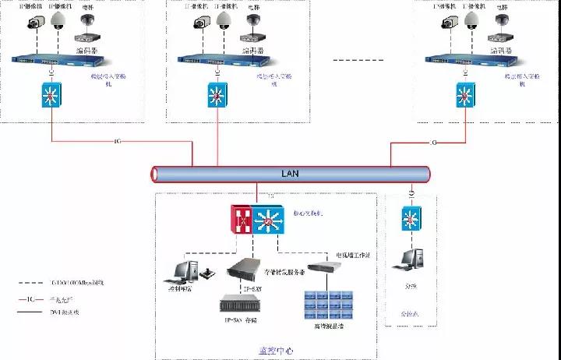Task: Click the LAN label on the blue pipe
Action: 289,174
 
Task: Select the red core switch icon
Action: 243,220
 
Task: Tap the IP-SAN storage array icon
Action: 240,305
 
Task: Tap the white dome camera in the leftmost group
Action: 57,22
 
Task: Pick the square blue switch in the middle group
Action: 218,94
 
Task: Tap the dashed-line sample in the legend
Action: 32,284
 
